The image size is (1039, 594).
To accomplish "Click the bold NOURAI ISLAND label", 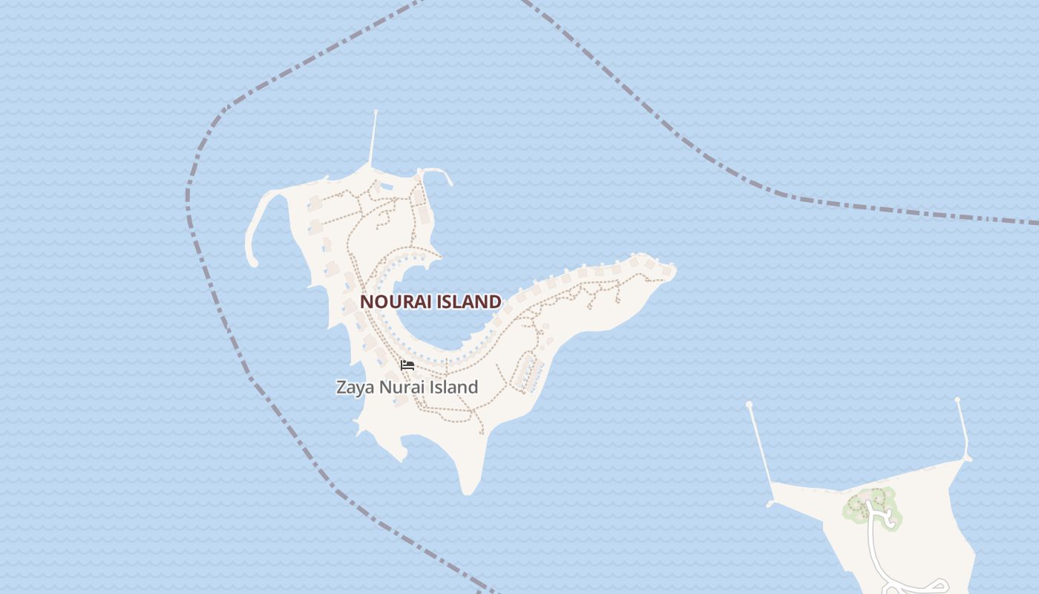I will tap(430, 301).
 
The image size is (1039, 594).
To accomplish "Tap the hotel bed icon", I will tap(407, 365).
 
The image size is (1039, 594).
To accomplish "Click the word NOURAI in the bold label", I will tap(394, 301).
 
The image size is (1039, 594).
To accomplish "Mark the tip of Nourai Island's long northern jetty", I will tap(376, 112).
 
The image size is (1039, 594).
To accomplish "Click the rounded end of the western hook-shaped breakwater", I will tap(252, 261).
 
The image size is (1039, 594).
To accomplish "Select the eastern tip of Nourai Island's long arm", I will tap(672, 269).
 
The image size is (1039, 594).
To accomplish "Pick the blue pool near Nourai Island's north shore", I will tap(385, 187).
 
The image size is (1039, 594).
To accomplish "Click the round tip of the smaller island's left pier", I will tap(750, 405).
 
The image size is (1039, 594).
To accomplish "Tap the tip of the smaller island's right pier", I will tap(958, 400).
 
